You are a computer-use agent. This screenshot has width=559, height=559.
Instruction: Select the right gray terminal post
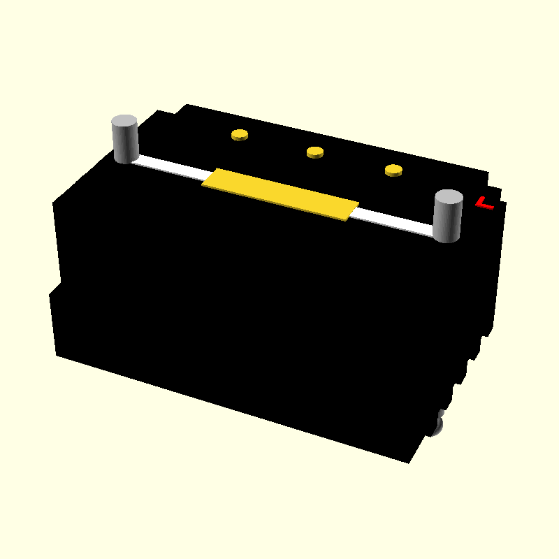448,218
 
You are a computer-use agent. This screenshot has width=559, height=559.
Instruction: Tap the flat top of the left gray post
124,122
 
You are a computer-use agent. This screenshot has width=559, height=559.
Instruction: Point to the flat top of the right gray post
449,197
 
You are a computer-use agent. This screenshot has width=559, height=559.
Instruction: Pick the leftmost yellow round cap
240,135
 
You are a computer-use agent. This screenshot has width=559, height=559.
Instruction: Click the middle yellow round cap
315,152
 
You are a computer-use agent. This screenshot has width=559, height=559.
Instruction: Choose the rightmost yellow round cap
393,170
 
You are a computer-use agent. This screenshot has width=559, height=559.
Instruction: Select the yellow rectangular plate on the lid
280,194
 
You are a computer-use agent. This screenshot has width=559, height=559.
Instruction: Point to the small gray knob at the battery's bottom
438,424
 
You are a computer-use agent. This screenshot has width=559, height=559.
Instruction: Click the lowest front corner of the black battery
409,462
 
